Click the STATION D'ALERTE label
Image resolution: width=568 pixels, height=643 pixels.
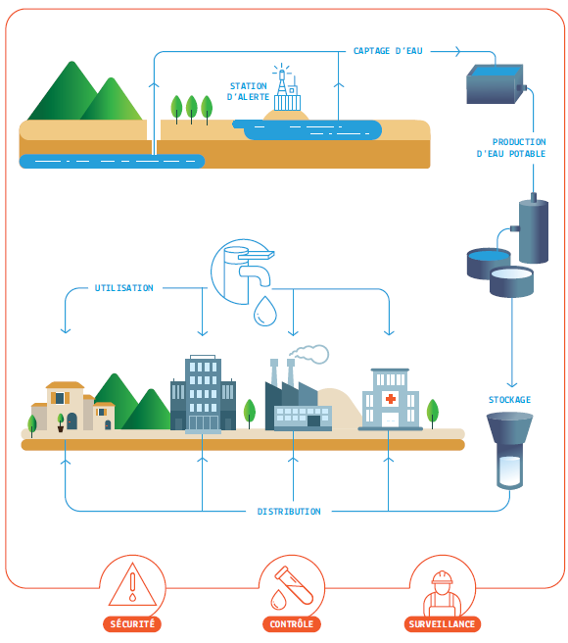click(248, 91)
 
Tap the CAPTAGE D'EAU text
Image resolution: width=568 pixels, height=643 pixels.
click(388, 50)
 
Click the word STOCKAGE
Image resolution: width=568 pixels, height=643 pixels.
click(509, 400)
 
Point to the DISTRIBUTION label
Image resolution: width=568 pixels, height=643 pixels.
click(289, 512)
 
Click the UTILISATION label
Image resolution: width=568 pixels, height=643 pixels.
click(124, 288)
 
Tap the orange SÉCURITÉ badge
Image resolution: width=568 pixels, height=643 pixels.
click(132, 623)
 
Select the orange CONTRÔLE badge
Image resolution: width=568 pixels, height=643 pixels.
click(292, 623)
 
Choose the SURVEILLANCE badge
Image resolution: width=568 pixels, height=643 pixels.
click(443, 623)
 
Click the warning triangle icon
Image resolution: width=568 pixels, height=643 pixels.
click(132, 585)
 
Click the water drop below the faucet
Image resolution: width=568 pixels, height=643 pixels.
click(264, 312)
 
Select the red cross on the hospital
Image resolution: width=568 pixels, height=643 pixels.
click(391, 399)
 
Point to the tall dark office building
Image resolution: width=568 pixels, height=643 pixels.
click(203, 394)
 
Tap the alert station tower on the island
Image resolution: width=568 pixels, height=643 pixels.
click(284, 91)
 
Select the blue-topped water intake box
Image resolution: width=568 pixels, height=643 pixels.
click(495, 84)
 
